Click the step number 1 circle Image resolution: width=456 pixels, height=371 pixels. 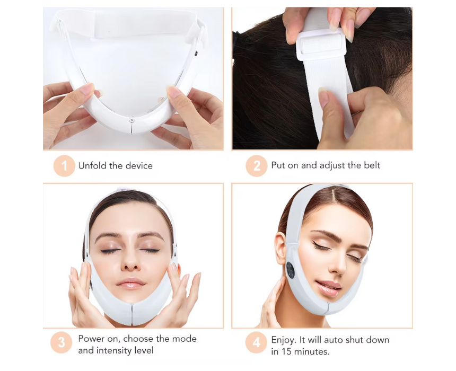[64, 166]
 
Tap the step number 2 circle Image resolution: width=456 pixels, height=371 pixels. [257, 166]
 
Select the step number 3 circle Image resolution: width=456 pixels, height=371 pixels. [62, 342]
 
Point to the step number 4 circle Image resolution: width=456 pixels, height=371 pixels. [256, 342]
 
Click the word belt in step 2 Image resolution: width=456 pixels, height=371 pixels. [372, 165]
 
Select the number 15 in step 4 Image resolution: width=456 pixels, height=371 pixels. [287, 351]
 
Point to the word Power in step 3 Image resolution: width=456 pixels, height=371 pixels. [91, 339]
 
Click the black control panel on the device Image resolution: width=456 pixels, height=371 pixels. [290, 270]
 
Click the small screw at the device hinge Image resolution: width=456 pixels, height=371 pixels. [131, 120]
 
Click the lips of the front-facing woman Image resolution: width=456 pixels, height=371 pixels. [130, 283]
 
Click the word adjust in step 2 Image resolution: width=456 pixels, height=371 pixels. [332, 166]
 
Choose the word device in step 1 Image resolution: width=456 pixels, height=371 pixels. [139, 166]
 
